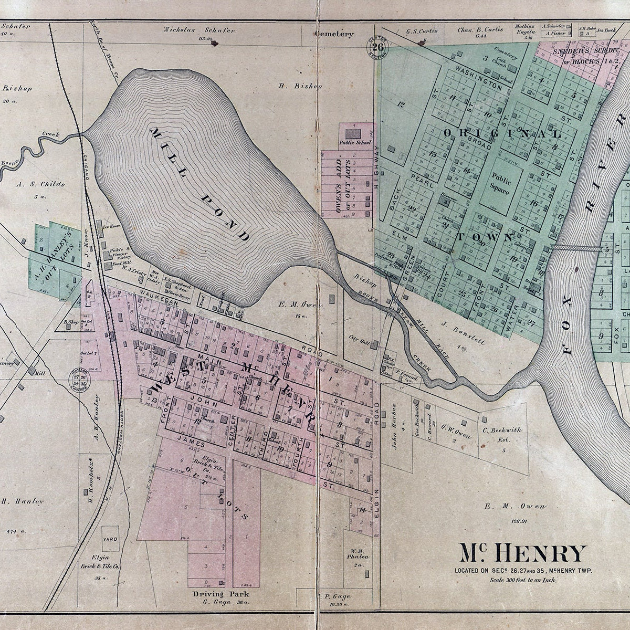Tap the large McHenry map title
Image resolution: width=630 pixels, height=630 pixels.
[523, 553]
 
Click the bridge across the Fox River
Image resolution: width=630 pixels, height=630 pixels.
[576, 247]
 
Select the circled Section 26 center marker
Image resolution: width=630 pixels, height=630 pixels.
[377, 48]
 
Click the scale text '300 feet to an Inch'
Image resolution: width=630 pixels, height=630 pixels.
[523, 580]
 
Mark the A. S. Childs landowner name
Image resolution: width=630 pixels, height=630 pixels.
[40, 184]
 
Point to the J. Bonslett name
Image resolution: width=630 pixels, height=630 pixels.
[456, 324]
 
